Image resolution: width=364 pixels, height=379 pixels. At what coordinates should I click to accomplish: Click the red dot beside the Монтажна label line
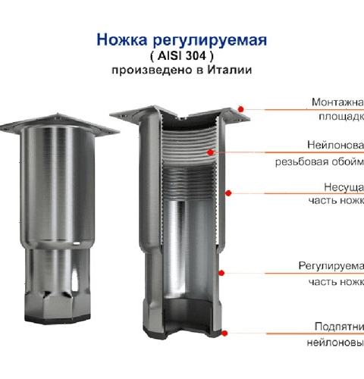[x=240, y=109]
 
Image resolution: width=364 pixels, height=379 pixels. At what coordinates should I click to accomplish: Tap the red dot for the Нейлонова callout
[x=212, y=152]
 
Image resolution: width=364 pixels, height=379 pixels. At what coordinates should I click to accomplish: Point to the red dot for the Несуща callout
[x=227, y=193]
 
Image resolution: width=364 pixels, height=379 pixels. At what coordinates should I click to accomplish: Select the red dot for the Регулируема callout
[x=221, y=271]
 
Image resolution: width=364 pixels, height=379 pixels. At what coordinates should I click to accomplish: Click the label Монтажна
[x=337, y=102]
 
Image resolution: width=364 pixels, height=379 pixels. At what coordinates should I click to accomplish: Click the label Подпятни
[x=338, y=326]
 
